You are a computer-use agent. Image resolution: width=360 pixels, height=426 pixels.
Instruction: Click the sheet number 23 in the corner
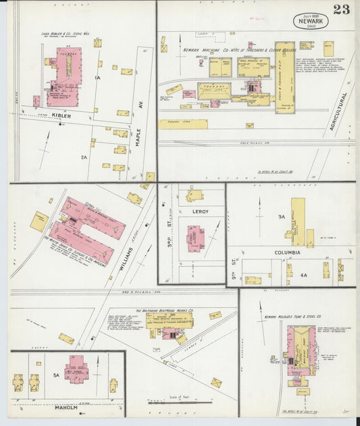[x=341, y=9]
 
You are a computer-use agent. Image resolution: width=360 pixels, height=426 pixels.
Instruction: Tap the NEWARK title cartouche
[x=310, y=21]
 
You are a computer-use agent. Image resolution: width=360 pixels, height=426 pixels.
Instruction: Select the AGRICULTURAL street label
[x=344, y=111]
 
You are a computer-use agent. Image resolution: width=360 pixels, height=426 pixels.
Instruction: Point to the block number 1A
[x=97, y=78]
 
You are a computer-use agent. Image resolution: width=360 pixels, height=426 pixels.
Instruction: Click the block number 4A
[x=304, y=275]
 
